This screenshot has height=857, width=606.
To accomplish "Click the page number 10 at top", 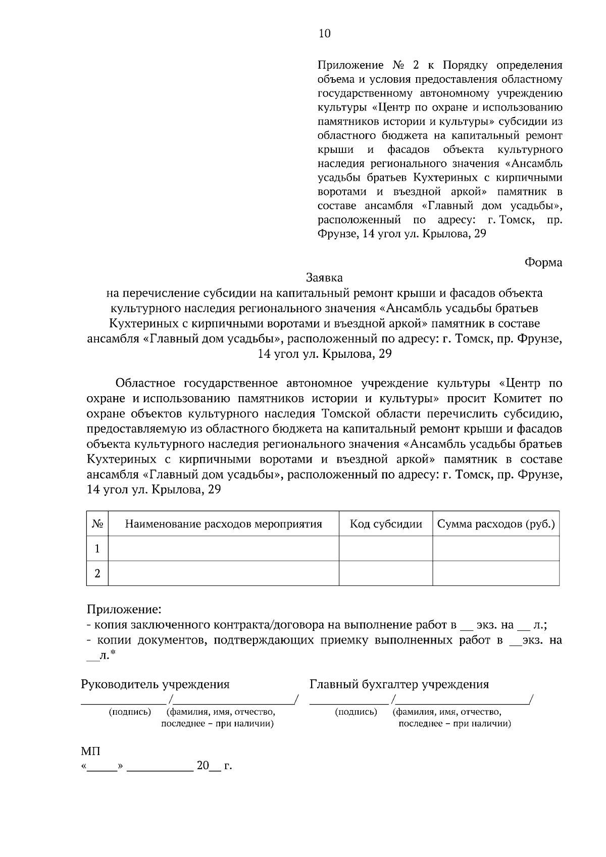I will click(x=324, y=33).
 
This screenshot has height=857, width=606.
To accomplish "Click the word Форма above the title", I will click(x=543, y=262).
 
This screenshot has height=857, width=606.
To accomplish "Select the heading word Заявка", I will click(x=324, y=278).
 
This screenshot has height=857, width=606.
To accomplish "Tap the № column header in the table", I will click(x=97, y=524).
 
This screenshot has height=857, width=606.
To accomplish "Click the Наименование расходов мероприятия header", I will click(x=223, y=524).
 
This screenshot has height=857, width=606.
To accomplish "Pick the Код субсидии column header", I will click(x=386, y=524).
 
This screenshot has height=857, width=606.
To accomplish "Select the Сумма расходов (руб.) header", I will click(x=496, y=524).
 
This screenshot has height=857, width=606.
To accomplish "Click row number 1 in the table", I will click(x=97, y=549).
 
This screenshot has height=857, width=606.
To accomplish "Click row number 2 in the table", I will click(x=97, y=573).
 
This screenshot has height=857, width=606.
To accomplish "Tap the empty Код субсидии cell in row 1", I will click(x=386, y=549).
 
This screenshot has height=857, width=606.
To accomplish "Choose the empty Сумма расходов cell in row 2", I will click(x=496, y=573).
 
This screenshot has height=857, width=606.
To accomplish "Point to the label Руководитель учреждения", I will click(x=155, y=684).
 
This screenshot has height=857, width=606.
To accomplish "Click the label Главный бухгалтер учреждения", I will click(x=399, y=684).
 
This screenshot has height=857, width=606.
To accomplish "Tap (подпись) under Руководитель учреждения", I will click(x=130, y=712).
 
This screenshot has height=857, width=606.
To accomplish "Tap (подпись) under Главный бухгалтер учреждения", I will click(x=356, y=712).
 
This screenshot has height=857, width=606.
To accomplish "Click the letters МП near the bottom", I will click(x=90, y=752).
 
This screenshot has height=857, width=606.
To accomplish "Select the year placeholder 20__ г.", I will click(x=214, y=766).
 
